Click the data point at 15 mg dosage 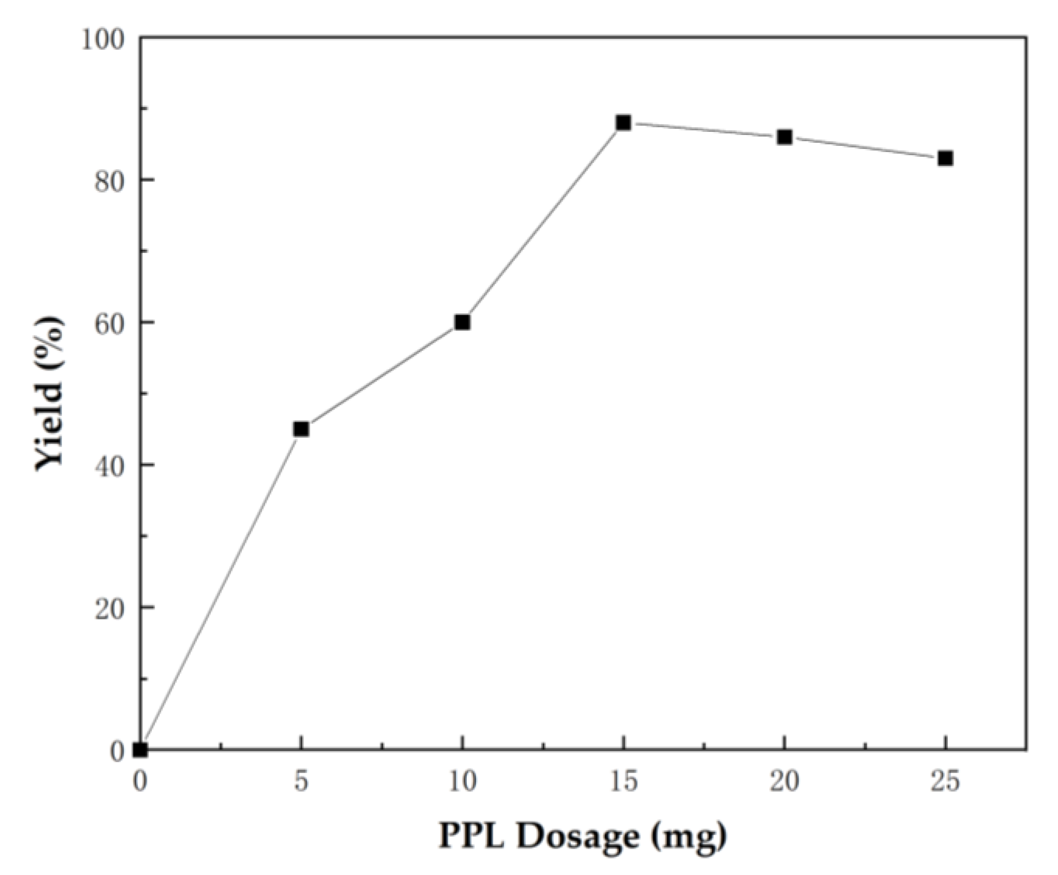pos(623,123)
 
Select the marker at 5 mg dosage pos(301,429)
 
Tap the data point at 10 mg pos(462,322)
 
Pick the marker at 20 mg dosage pos(785,137)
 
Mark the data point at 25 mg pos(945,158)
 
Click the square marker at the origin pos(141,749)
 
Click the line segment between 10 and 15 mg pos(543,222)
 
